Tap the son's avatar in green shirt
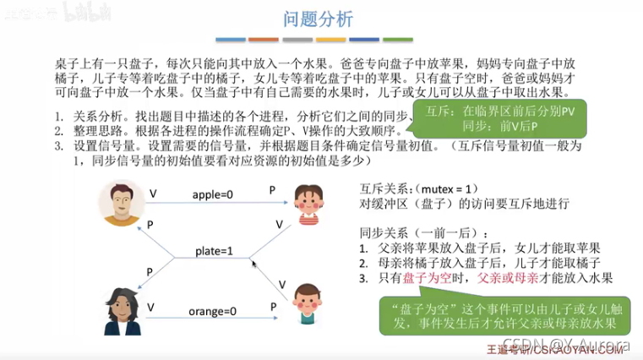tap(308, 305)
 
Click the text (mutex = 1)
tap(444, 188)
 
